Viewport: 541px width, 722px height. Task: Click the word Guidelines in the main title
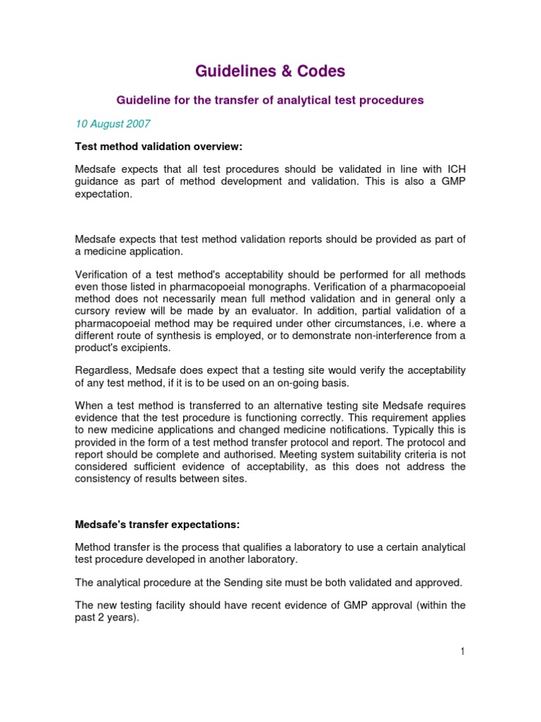point(230,71)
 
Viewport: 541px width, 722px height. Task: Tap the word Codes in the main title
point(319,71)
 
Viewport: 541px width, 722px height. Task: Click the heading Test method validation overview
point(159,146)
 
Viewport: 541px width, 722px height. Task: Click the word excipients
point(147,348)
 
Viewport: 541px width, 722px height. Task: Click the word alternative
point(300,406)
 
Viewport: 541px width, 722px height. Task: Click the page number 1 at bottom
point(463,651)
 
